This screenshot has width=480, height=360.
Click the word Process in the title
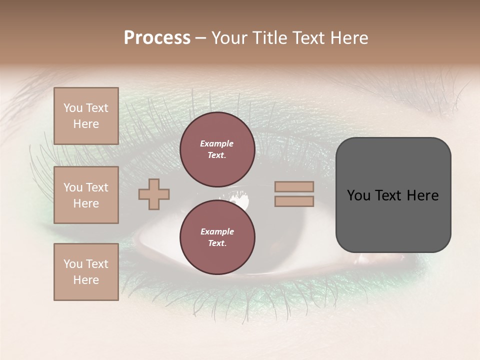click(x=157, y=38)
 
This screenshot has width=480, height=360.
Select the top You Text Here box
click(x=86, y=116)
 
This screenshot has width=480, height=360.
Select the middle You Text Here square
click(x=86, y=195)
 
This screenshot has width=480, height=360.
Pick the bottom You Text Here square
click(x=86, y=272)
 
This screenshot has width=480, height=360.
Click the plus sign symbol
click(x=154, y=194)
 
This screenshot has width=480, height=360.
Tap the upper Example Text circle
click(x=217, y=149)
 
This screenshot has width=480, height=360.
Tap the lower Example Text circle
click(x=217, y=237)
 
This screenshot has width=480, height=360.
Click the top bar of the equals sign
click(x=294, y=186)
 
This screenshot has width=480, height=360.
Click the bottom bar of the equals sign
click(x=294, y=201)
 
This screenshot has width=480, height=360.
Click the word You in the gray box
click(x=359, y=195)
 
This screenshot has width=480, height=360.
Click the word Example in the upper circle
click(x=217, y=144)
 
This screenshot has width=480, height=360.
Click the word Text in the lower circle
click(x=217, y=243)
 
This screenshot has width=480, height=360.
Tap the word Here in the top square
click(x=86, y=124)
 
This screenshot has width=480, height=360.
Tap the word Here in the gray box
click(x=423, y=195)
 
